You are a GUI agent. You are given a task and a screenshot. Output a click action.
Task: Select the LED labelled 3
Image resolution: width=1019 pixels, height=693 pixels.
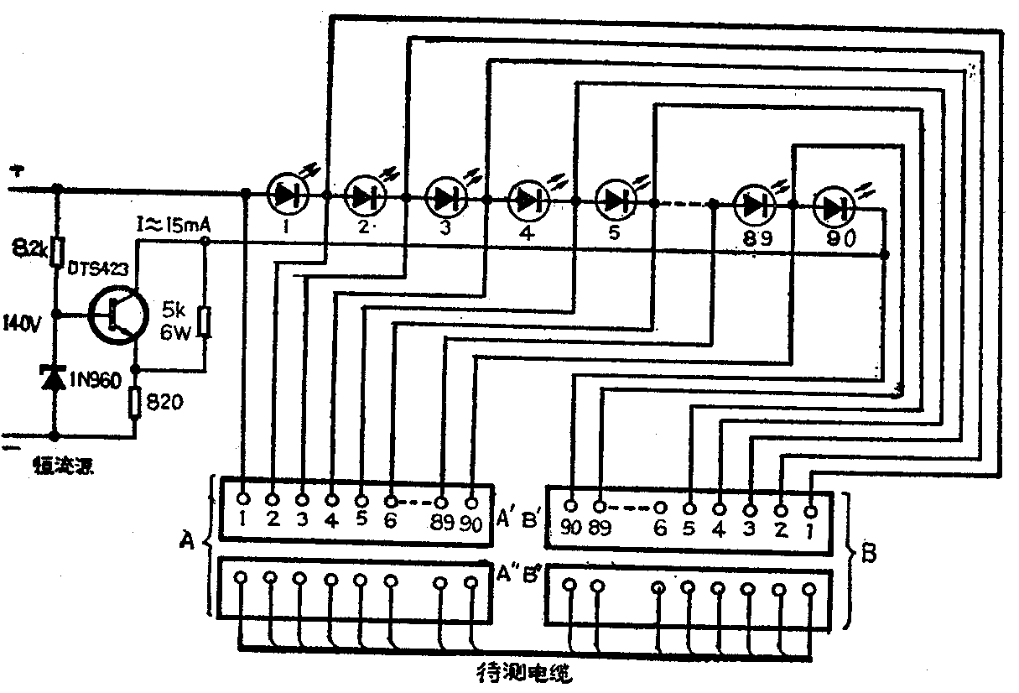446,198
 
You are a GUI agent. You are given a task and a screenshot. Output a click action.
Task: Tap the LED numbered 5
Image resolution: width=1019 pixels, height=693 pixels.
616,200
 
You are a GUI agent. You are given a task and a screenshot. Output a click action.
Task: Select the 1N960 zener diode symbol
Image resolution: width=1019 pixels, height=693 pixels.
55,378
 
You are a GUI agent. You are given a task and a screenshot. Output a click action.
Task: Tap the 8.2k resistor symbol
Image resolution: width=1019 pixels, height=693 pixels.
57,251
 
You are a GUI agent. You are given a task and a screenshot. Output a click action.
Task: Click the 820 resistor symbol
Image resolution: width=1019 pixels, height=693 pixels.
135,403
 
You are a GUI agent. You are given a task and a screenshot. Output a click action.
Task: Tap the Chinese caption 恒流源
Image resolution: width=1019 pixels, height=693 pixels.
62,464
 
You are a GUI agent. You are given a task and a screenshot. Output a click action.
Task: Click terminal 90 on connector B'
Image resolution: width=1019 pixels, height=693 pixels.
571,506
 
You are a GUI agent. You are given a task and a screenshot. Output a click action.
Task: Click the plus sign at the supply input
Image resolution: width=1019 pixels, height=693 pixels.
17,171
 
